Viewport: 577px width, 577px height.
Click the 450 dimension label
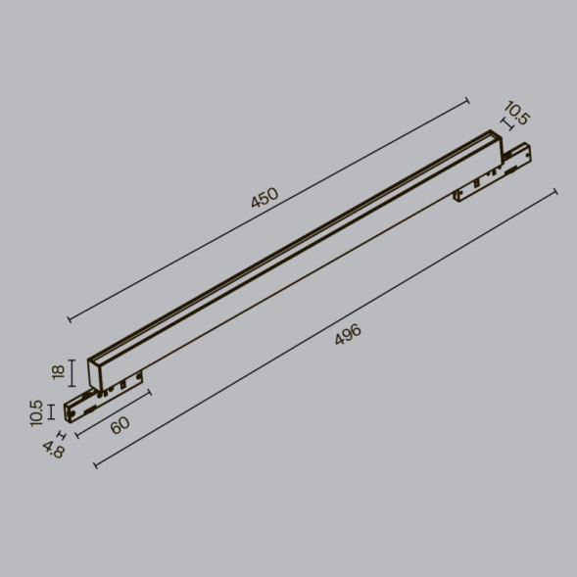point(264,197)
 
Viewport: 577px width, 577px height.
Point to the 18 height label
point(58,371)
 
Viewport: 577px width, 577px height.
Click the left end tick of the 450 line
point(69,318)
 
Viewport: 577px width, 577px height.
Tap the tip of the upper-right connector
point(528,150)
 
